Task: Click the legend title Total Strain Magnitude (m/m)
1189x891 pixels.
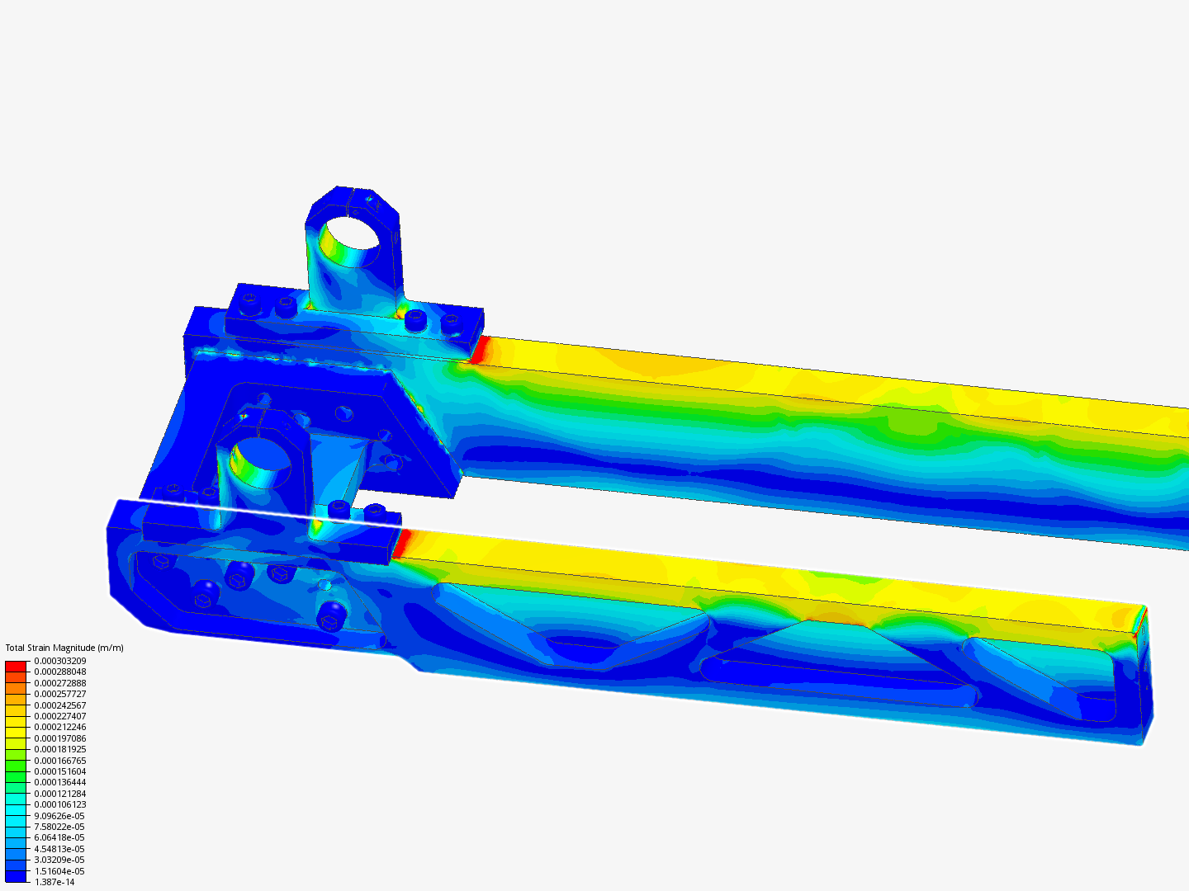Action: pyautogui.click(x=64, y=648)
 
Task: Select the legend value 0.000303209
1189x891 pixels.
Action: pyautogui.click(x=60, y=661)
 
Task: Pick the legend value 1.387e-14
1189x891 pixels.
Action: pyautogui.click(x=54, y=882)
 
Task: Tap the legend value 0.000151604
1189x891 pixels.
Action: pyautogui.click(x=60, y=771)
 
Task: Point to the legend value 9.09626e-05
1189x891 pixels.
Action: pyautogui.click(x=59, y=816)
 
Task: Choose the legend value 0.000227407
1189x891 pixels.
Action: pyautogui.click(x=60, y=716)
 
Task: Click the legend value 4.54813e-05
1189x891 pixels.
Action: pyautogui.click(x=59, y=849)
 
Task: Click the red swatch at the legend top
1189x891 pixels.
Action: pyautogui.click(x=16, y=666)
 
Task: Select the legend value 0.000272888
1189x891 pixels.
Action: pyautogui.click(x=60, y=683)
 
